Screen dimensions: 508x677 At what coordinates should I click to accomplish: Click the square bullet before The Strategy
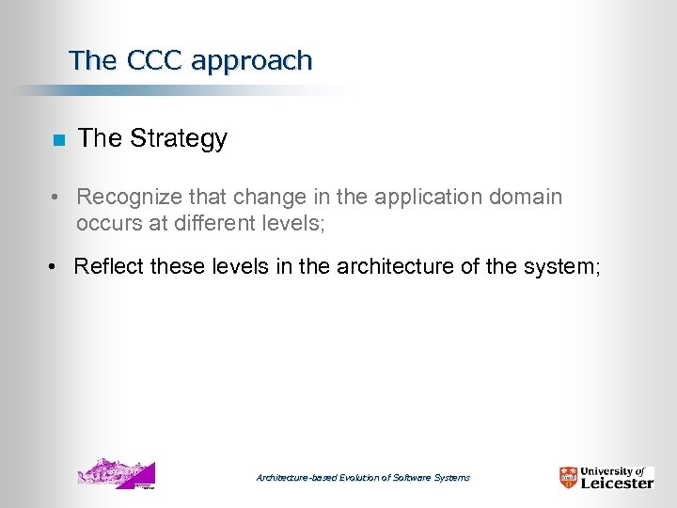coord(57,140)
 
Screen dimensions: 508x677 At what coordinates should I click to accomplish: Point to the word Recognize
coord(133,198)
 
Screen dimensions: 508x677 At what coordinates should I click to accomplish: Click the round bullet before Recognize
coord(57,198)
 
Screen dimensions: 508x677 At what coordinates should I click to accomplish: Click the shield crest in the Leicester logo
coord(569,478)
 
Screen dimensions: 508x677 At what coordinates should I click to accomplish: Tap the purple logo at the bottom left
coord(116,474)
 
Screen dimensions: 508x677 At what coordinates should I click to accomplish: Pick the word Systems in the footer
coord(453,478)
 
